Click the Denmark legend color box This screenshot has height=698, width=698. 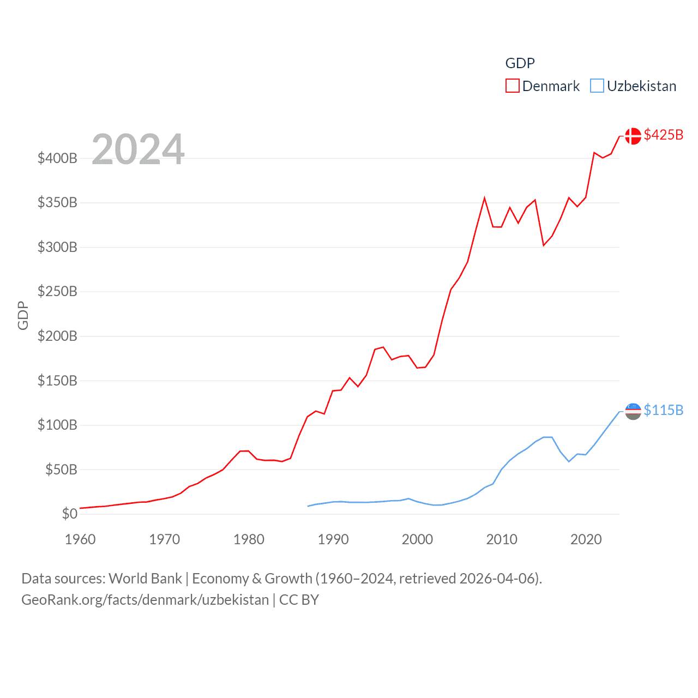point(512,86)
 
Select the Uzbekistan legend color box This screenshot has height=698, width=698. point(597,86)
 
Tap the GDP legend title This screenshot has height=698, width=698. point(520,63)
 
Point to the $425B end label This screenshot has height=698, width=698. point(663,135)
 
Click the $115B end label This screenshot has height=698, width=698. point(663,410)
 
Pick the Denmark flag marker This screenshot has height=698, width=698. point(633,136)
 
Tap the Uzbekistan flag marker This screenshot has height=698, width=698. point(633,411)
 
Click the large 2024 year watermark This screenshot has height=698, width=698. point(138,149)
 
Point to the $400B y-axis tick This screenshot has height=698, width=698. point(57,159)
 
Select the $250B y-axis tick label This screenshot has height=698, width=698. point(57,292)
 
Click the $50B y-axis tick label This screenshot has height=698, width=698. point(61,470)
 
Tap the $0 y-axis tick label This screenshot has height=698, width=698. point(69,514)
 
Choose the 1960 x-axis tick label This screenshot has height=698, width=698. point(80,540)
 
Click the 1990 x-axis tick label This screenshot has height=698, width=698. point(333,540)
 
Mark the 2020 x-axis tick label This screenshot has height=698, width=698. point(586,540)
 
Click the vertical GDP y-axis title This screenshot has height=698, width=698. point(23,315)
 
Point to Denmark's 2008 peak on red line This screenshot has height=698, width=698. point(484,198)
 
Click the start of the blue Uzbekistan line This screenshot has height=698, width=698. point(308,506)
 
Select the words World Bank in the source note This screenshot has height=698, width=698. point(146,579)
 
